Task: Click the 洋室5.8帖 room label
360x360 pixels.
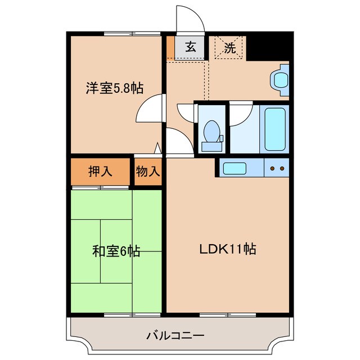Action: tap(114, 88)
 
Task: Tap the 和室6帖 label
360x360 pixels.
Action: tap(116, 251)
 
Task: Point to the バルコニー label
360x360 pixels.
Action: tap(175, 336)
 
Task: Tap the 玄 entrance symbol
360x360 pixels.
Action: tap(191, 47)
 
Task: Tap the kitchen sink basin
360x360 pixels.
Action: tap(232, 168)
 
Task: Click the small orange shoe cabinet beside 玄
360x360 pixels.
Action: tap(170, 48)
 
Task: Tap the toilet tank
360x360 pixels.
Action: tap(212, 146)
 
